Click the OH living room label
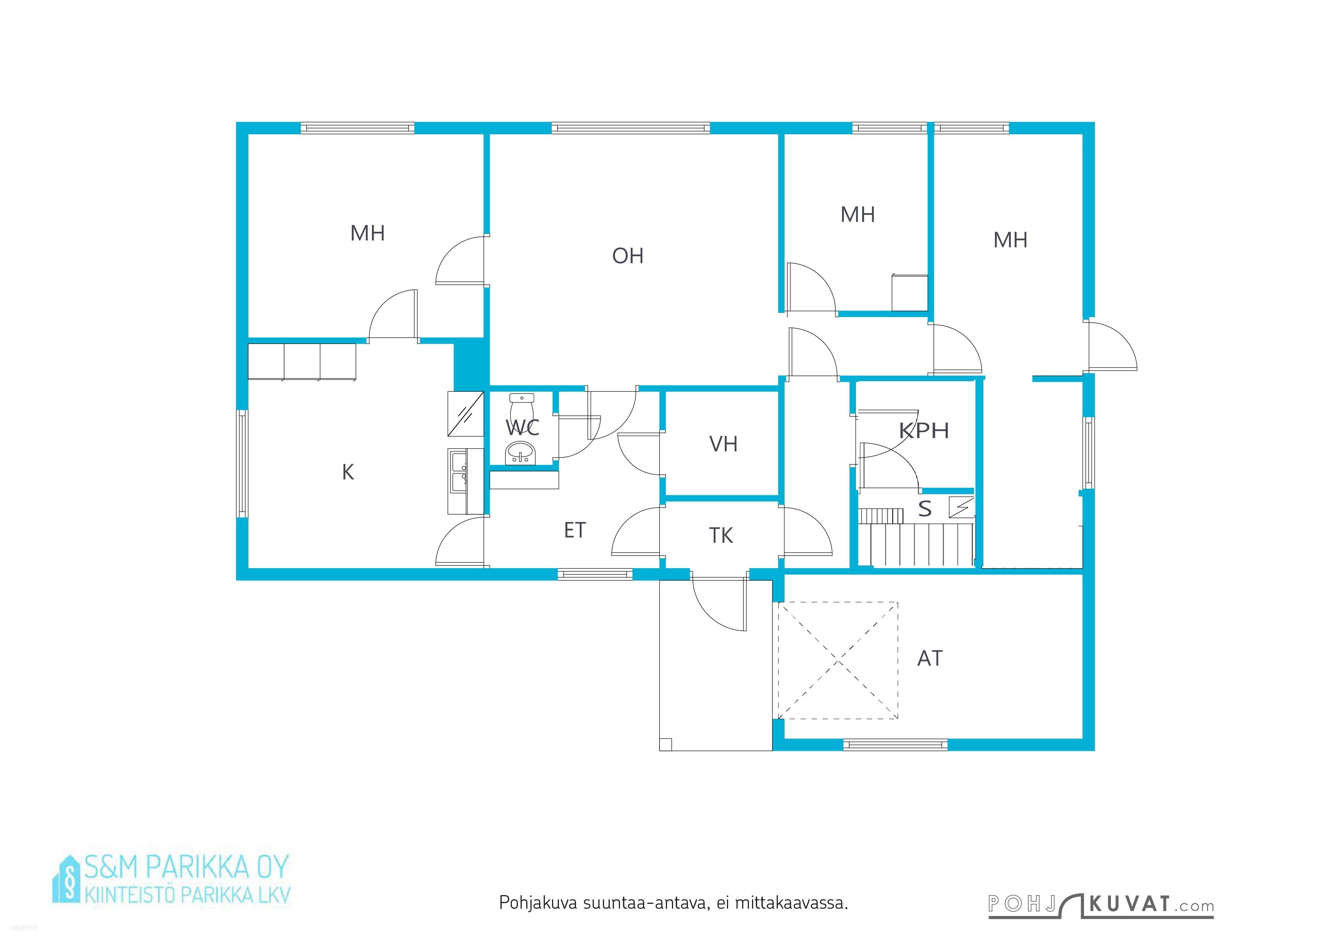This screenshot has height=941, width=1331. tap(628, 256)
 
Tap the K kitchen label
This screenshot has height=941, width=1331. tap(348, 472)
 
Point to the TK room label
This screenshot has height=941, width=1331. tap(721, 536)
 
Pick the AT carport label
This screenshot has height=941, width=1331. tap(930, 658)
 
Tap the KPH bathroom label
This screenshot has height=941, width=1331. tap(924, 430)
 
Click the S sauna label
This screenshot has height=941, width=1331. tap(925, 509)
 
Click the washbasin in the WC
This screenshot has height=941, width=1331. tap(521, 453)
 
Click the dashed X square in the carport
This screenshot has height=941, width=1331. tap(838, 660)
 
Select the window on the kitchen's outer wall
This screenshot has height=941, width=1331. tap(242, 463)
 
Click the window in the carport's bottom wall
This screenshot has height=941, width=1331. tap(895, 745)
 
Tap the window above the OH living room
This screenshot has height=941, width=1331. tap(631, 128)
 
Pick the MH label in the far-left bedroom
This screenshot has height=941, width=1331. tap(368, 233)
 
